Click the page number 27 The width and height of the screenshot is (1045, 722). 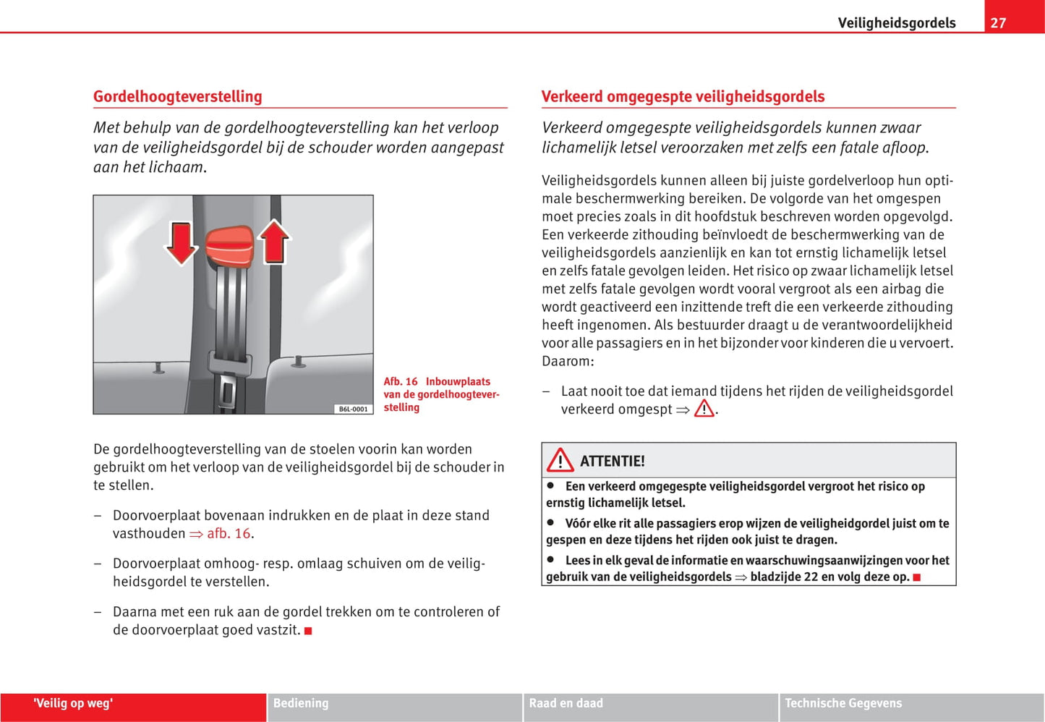(x=998, y=22)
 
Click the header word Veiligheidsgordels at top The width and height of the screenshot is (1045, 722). (x=896, y=22)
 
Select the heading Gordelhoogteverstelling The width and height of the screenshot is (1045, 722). (x=177, y=96)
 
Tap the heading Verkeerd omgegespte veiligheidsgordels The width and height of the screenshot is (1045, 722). (x=683, y=96)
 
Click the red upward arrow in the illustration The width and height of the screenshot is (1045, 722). (x=274, y=241)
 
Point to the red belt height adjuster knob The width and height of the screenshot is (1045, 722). (x=229, y=247)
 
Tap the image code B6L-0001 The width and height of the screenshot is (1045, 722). (x=353, y=409)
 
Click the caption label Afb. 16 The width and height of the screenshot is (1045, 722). (x=401, y=381)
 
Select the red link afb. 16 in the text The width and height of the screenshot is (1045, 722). (x=229, y=533)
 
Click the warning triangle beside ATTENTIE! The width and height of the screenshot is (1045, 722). (x=560, y=460)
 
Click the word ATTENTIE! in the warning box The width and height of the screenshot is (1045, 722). (x=612, y=461)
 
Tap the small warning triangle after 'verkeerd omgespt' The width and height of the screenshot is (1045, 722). (x=704, y=409)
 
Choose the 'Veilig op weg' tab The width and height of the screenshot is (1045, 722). (x=73, y=702)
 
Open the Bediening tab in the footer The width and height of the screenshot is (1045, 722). (x=301, y=702)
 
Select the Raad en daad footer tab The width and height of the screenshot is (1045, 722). (x=566, y=702)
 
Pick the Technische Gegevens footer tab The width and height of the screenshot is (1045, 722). (x=843, y=702)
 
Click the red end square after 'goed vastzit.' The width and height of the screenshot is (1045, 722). (x=308, y=631)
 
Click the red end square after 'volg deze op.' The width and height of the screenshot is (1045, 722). (x=917, y=577)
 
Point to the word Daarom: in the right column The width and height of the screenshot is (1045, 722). (x=568, y=360)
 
